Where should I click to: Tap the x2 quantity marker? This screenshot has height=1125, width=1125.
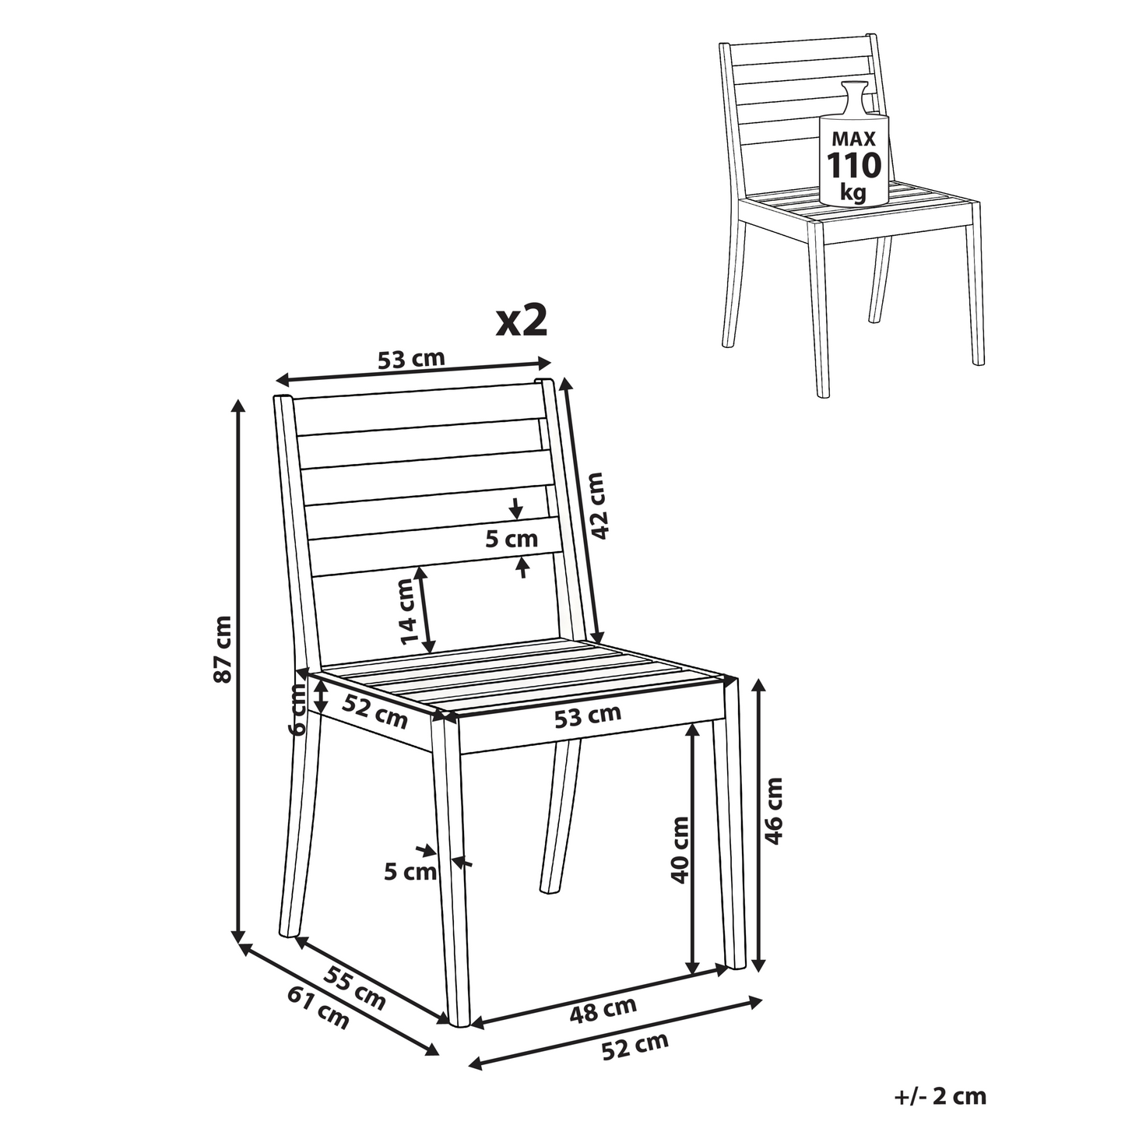click(x=522, y=321)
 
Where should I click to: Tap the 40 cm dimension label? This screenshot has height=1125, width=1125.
click(x=680, y=850)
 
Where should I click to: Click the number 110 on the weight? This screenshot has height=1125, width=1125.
click(x=853, y=166)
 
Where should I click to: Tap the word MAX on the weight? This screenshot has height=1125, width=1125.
click(x=853, y=139)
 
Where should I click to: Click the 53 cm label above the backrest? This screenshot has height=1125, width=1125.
click(x=411, y=359)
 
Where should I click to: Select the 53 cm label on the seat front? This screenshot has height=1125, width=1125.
click(x=587, y=716)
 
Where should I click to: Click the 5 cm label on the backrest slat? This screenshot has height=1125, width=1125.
click(x=512, y=540)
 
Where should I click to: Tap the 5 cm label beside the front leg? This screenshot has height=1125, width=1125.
click(x=410, y=872)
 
